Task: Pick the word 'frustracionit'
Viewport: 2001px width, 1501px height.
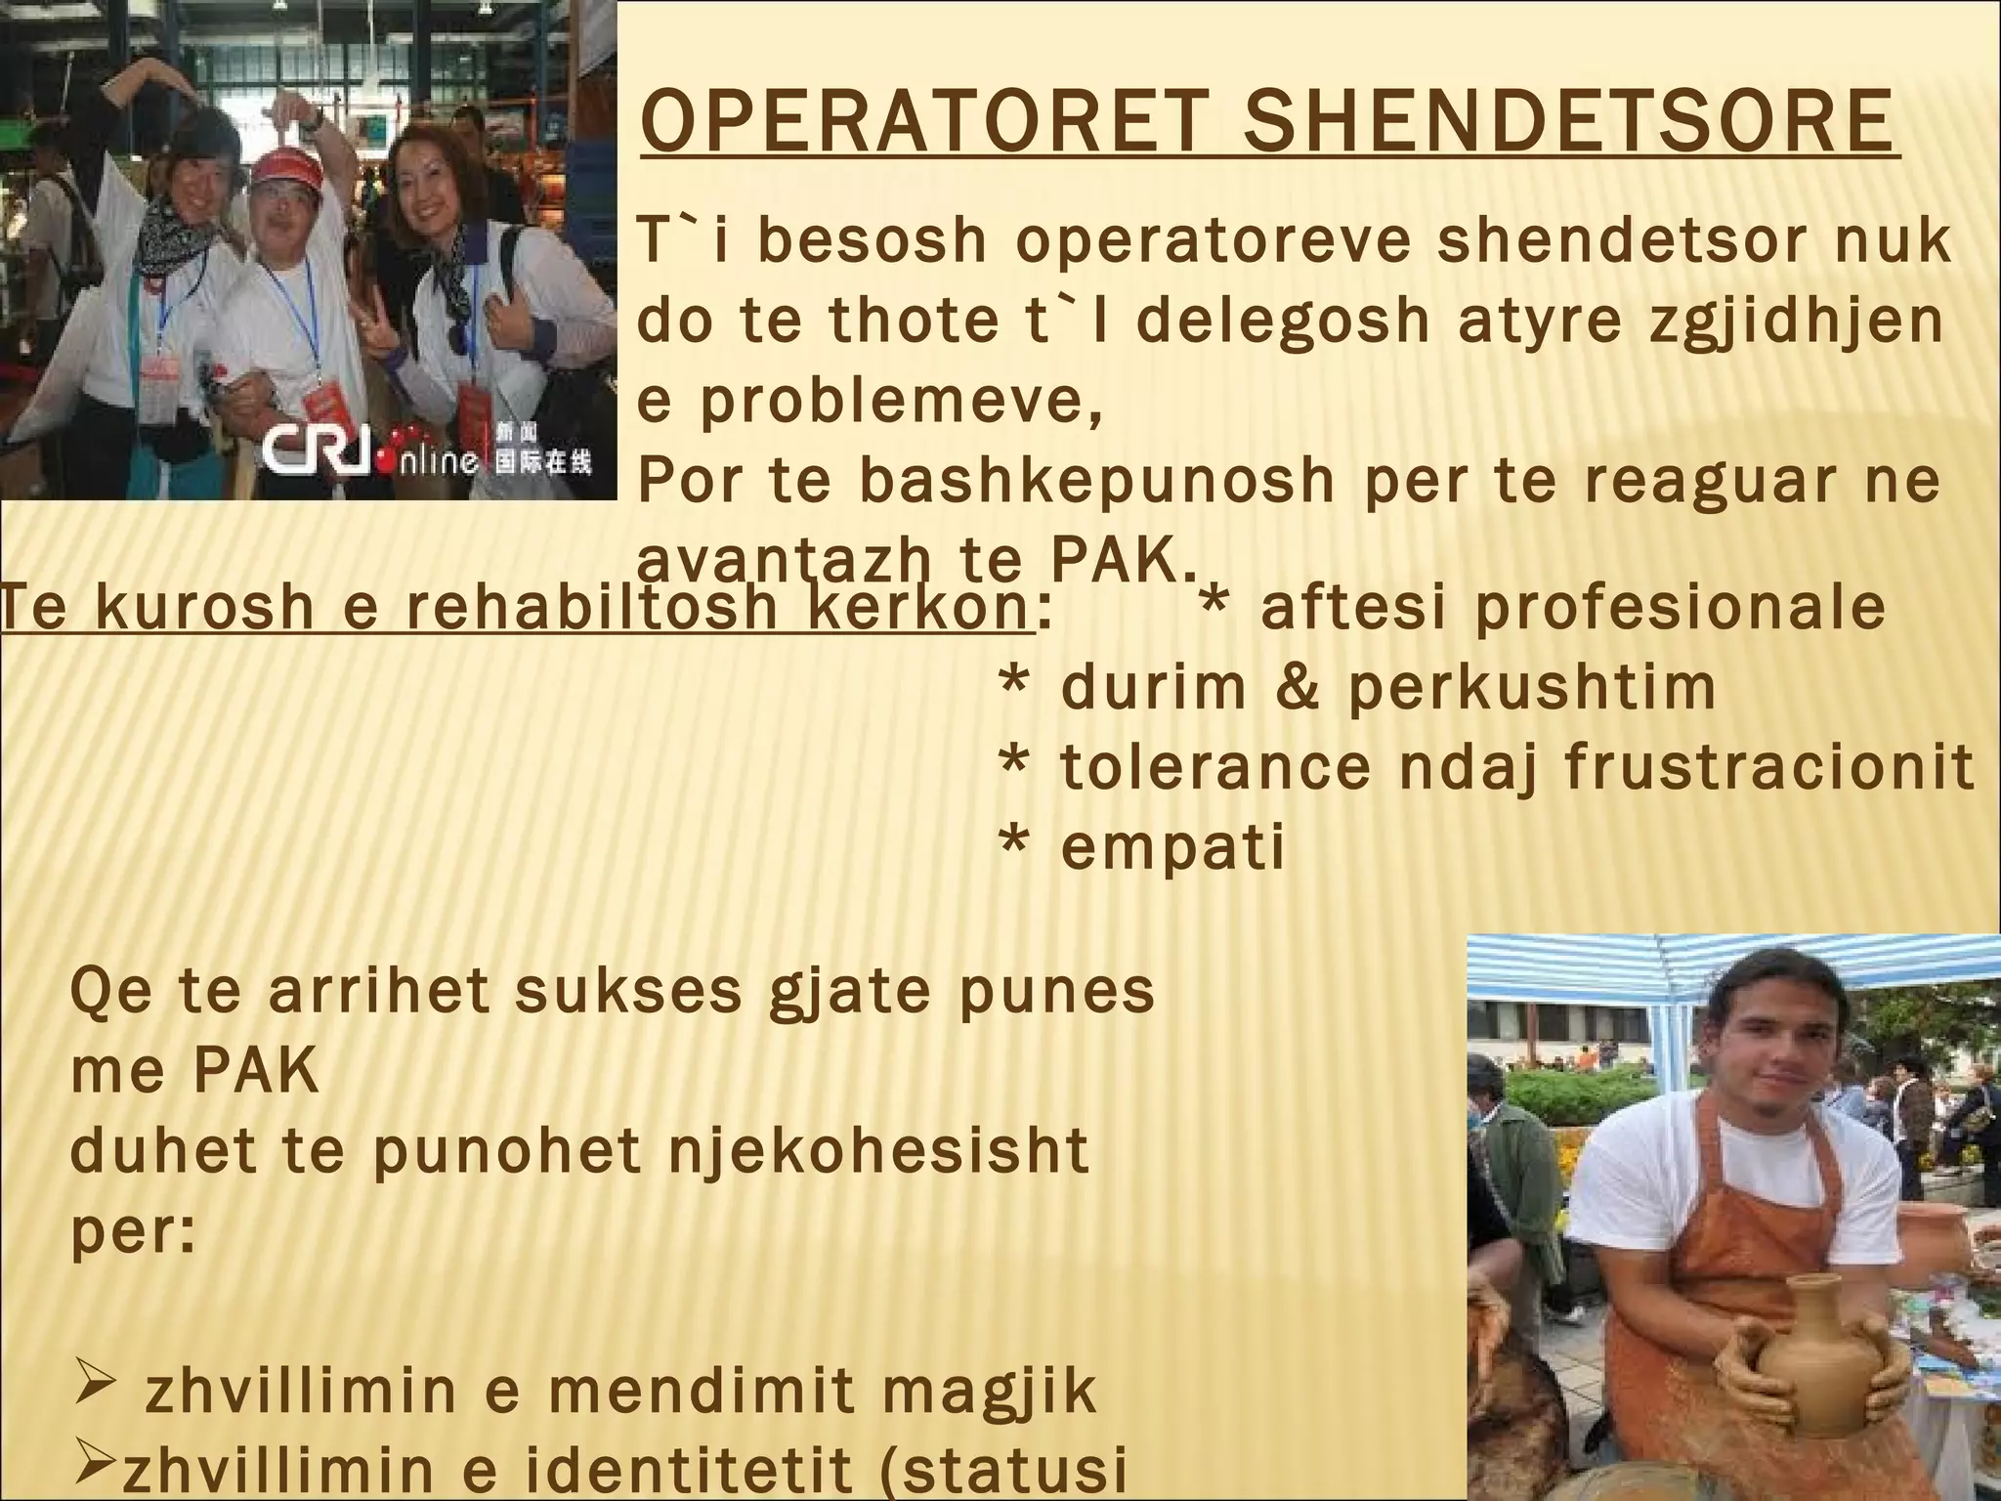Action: (1769, 766)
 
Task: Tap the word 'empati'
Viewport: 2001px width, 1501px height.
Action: (1172, 846)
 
